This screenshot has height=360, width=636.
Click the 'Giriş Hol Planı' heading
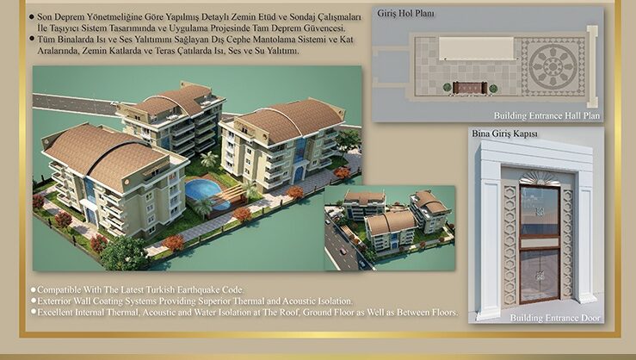(405, 14)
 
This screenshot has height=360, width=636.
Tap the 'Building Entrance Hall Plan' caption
(546, 115)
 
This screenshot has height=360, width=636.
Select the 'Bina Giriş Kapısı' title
(504, 133)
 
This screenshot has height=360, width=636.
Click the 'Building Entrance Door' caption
(555, 318)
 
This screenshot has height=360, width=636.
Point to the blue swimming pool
(203, 190)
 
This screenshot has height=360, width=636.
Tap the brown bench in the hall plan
(470, 88)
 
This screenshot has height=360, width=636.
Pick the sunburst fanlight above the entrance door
(540, 178)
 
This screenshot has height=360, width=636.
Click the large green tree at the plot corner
(124, 253)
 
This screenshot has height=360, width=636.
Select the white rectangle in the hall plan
(476, 49)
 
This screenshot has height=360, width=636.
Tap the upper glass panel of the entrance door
(540, 210)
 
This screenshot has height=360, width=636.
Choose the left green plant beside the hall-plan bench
(447, 88)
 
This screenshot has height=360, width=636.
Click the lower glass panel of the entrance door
(540, 276)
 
